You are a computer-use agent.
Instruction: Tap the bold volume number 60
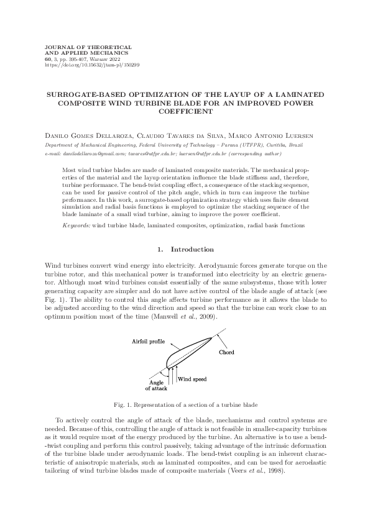coord(50,59)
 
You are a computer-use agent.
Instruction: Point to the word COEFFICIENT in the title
coord(185,112)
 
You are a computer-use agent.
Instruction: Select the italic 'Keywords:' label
coord(77,224)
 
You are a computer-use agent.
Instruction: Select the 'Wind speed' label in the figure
coord(192,378)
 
